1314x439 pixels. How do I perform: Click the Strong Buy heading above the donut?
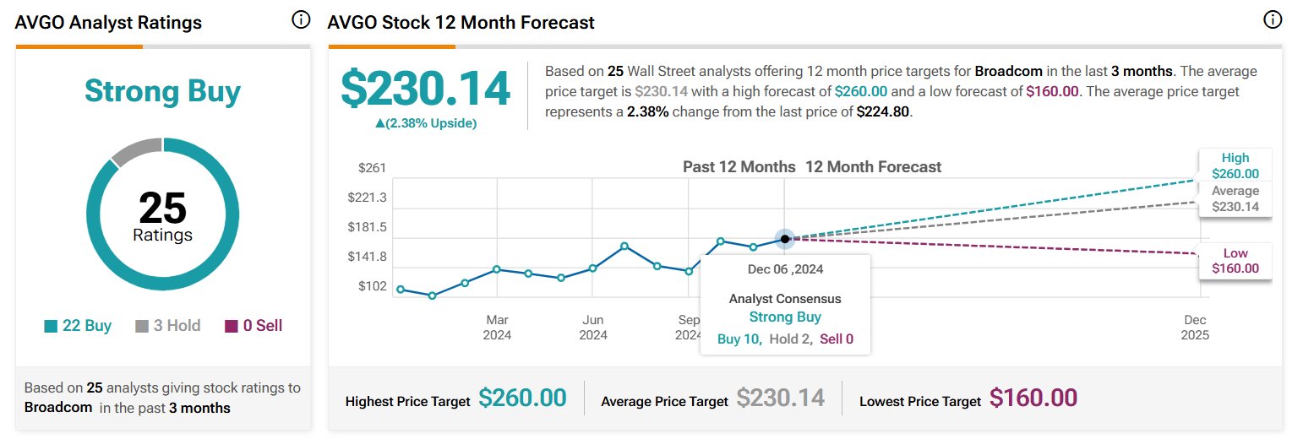pyautogui.click(x=162, y=92)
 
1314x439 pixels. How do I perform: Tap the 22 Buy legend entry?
pyautogui.click(x=78, y=326)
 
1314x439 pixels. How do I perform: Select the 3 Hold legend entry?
pyautogui.click(x=168, y=326)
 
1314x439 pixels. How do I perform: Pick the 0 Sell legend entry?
pyautogui.click(x=254, y=326)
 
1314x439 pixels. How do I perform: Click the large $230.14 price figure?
pyautogui.click(x=425, y=89)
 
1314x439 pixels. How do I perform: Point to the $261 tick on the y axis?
pyautogui.click(x=373, y=168)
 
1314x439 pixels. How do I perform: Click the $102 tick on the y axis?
pyautogui.click(x=373, y=286)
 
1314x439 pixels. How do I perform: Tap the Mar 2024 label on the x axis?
pyautogui.click(x=497, y=328)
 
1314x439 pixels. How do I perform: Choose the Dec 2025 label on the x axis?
pyautogui.click(x=1196, y=328)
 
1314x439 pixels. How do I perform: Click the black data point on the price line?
pyautogui.click(x=785, y=239)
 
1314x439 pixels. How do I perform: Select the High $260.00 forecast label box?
pyautogui.click(x=1235, y=166)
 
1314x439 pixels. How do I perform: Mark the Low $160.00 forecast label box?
pyautogui.click(x=1235, y=262)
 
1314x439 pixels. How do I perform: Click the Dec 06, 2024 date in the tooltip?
pyautogui.click(x=785, y=270)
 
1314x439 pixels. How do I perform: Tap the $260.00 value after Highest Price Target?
pyautogui.click(x=522, y=398)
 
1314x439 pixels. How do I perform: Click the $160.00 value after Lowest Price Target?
pyautogui.click(x=1033, y=398)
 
